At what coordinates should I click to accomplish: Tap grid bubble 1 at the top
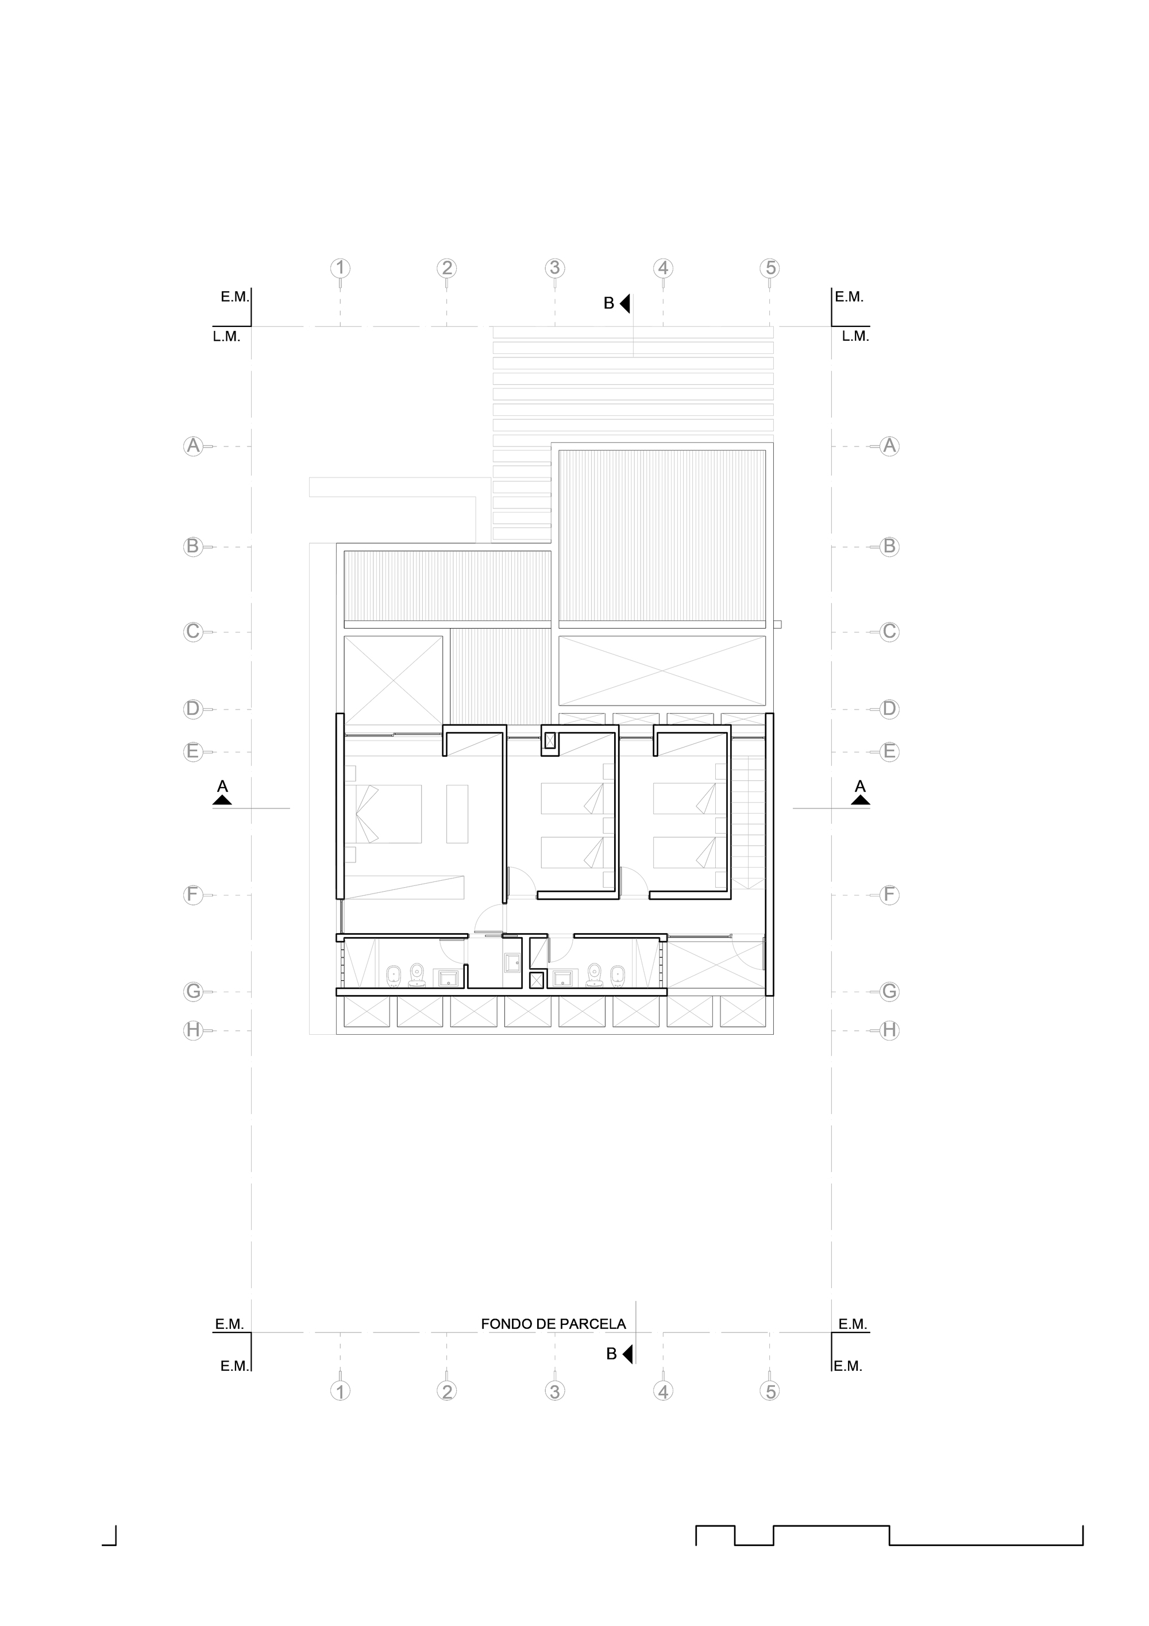pyautogui.click(x=341, y=268)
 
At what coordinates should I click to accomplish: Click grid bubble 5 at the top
pyautogui.click(x=770, y=268)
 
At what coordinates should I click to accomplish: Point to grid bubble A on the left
pyautogui.click(x=192, y=446)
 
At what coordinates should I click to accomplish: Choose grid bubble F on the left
pyautogui.click(x=192, y=895)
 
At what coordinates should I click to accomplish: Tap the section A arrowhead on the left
pyautogui.click(x=222, y=800)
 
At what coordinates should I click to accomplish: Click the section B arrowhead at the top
pyautogui.click(x=624, y=304)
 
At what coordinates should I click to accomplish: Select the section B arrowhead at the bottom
pyautogui.click(x=627, y=1354)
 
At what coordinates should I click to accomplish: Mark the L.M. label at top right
pyautogui.click(x=855, y=337)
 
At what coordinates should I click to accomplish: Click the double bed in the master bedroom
pyautogui.click(x=383, y=813)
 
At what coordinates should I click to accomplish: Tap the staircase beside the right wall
pyautogui.click(x=749, y=822)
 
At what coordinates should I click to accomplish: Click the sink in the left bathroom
pyautogui.click(x=449, y=978)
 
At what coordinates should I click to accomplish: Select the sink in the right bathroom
pyautogui.click(x=564, y=978)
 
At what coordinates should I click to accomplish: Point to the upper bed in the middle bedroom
pyautogui.click(x=572, y=798)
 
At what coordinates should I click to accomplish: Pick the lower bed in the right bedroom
pyautogui.click(x=685, y=853)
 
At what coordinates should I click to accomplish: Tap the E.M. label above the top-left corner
pyautogui.click(x=234, y=298)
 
